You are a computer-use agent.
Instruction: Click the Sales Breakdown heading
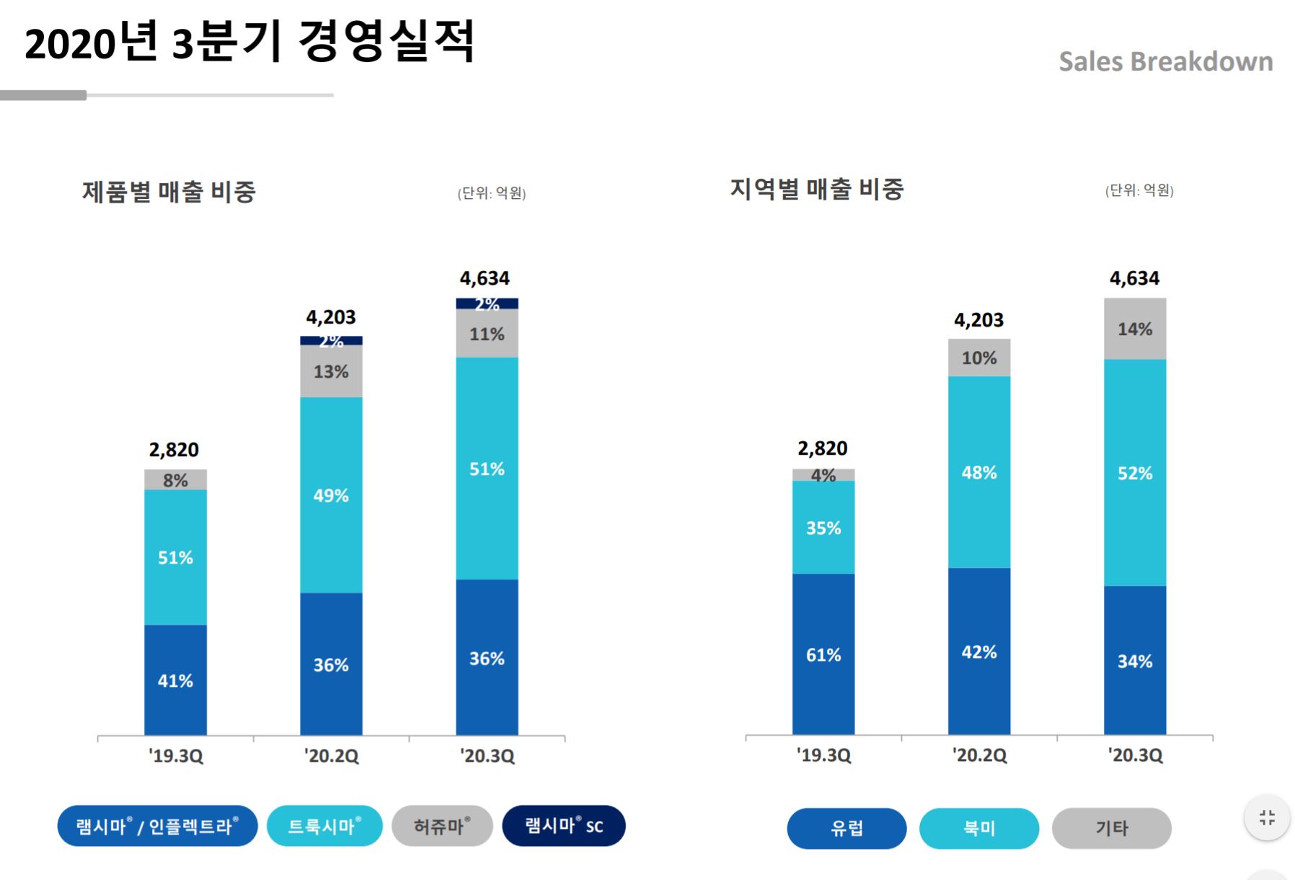pos(1165,62)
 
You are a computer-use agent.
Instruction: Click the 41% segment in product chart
pos(175,680)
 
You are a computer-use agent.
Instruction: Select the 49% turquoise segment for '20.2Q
pos(331,495)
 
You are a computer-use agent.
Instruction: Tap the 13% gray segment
pos(331,372)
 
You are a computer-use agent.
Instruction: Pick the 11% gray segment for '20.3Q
pos(487,334)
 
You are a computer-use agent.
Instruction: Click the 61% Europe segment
pos(823,654)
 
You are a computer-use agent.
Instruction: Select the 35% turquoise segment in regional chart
pos(823,528)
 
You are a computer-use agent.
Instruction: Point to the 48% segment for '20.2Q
pos(978,473)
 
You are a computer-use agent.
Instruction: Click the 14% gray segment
pos(1134,329)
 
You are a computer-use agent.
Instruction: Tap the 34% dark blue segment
pos(1134,661)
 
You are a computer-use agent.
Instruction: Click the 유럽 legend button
pos(846,828)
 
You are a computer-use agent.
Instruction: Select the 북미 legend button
pos(978,828)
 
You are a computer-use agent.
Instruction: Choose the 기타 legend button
pos(1111,828)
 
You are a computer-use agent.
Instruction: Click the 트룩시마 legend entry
pos(324,826)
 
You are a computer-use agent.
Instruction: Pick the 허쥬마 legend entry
pos(442,826)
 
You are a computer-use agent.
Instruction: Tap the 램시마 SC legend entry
pos(563,826)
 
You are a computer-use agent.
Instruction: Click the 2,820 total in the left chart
pos(174,450)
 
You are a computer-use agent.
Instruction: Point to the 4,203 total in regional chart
pos(978,320)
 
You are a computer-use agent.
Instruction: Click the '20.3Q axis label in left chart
pos(487,756)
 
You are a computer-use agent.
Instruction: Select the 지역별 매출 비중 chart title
pos(816,189)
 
